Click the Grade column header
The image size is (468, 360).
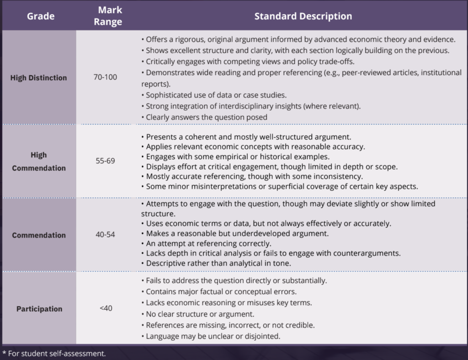(41, 16)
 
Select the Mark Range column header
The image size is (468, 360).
(108, 16)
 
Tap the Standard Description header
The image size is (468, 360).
(303, 16)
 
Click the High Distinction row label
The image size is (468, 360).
(38, 78)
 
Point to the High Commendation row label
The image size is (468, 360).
(39, 161)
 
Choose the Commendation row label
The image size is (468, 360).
(39, 235)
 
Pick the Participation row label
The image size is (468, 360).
(39, 309)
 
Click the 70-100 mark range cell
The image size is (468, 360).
(106, 77)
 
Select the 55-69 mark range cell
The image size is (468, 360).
(106, 161)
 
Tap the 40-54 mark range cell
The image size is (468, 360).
(106, 235)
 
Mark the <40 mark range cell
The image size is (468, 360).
(106, 308)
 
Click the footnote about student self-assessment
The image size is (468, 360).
(54, 354)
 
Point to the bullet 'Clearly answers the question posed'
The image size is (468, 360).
(204, 117)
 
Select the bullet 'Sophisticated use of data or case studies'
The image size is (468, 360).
(214, 95)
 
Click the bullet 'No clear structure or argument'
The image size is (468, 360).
(197, 314)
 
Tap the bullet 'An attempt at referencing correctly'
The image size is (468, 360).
(206, 243)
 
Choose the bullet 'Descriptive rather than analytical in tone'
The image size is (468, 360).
(216, 263)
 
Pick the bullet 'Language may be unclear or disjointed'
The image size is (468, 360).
(211, 336)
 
